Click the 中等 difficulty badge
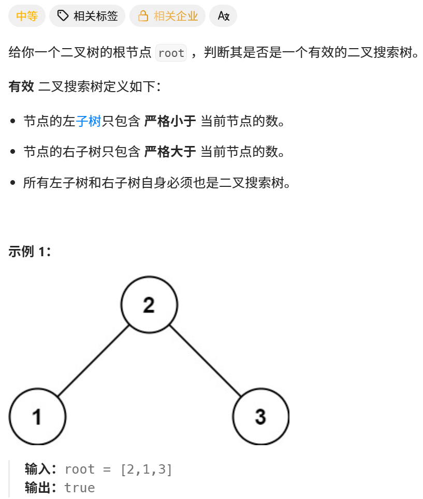click(27, 16)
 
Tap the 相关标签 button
click(87, 16)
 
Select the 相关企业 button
click(167, 16)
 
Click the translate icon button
click(223, 16)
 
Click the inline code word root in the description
click(171, 53)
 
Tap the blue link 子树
click(88, 122)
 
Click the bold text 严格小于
click(170, 122)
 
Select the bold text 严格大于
click(170, 152)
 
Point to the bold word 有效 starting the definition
click(21, 86)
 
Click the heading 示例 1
click(30, 252)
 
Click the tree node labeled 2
click(149, 304)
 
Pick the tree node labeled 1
click(37, 416)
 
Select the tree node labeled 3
click(260, 416)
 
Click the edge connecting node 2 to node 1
click(93, 360)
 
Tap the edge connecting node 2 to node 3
click(205, 360)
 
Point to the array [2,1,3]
click(147, 469)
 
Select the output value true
click(80, 488)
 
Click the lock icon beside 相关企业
click(143, 16)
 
